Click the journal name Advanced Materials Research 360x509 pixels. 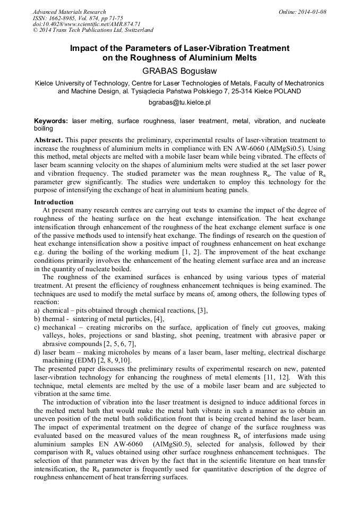coord(69,12)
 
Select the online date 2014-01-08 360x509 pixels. coord(313,12)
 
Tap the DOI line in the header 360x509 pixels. coord(87,24)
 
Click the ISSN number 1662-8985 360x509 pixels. coord(61,18)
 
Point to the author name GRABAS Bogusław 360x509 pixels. coord(179,71)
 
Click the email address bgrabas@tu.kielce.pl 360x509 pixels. coord(179,101)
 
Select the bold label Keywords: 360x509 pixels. coord(51,121)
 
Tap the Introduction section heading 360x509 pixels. coord(54,202)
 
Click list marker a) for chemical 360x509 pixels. coord(37,310)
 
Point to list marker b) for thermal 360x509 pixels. coord(37,318)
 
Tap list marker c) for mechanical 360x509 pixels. coord(37,327)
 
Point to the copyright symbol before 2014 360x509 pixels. coord(36,30)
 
